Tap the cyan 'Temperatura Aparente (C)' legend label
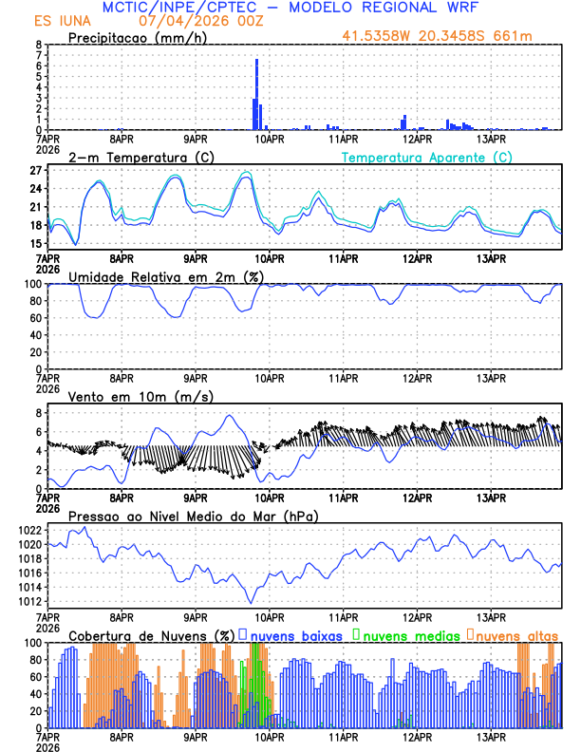(427, 157)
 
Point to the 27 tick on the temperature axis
(36, 171)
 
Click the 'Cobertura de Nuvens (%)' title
(151, 635)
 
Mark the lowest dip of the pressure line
(252, 602)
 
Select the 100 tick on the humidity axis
(32, 284)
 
